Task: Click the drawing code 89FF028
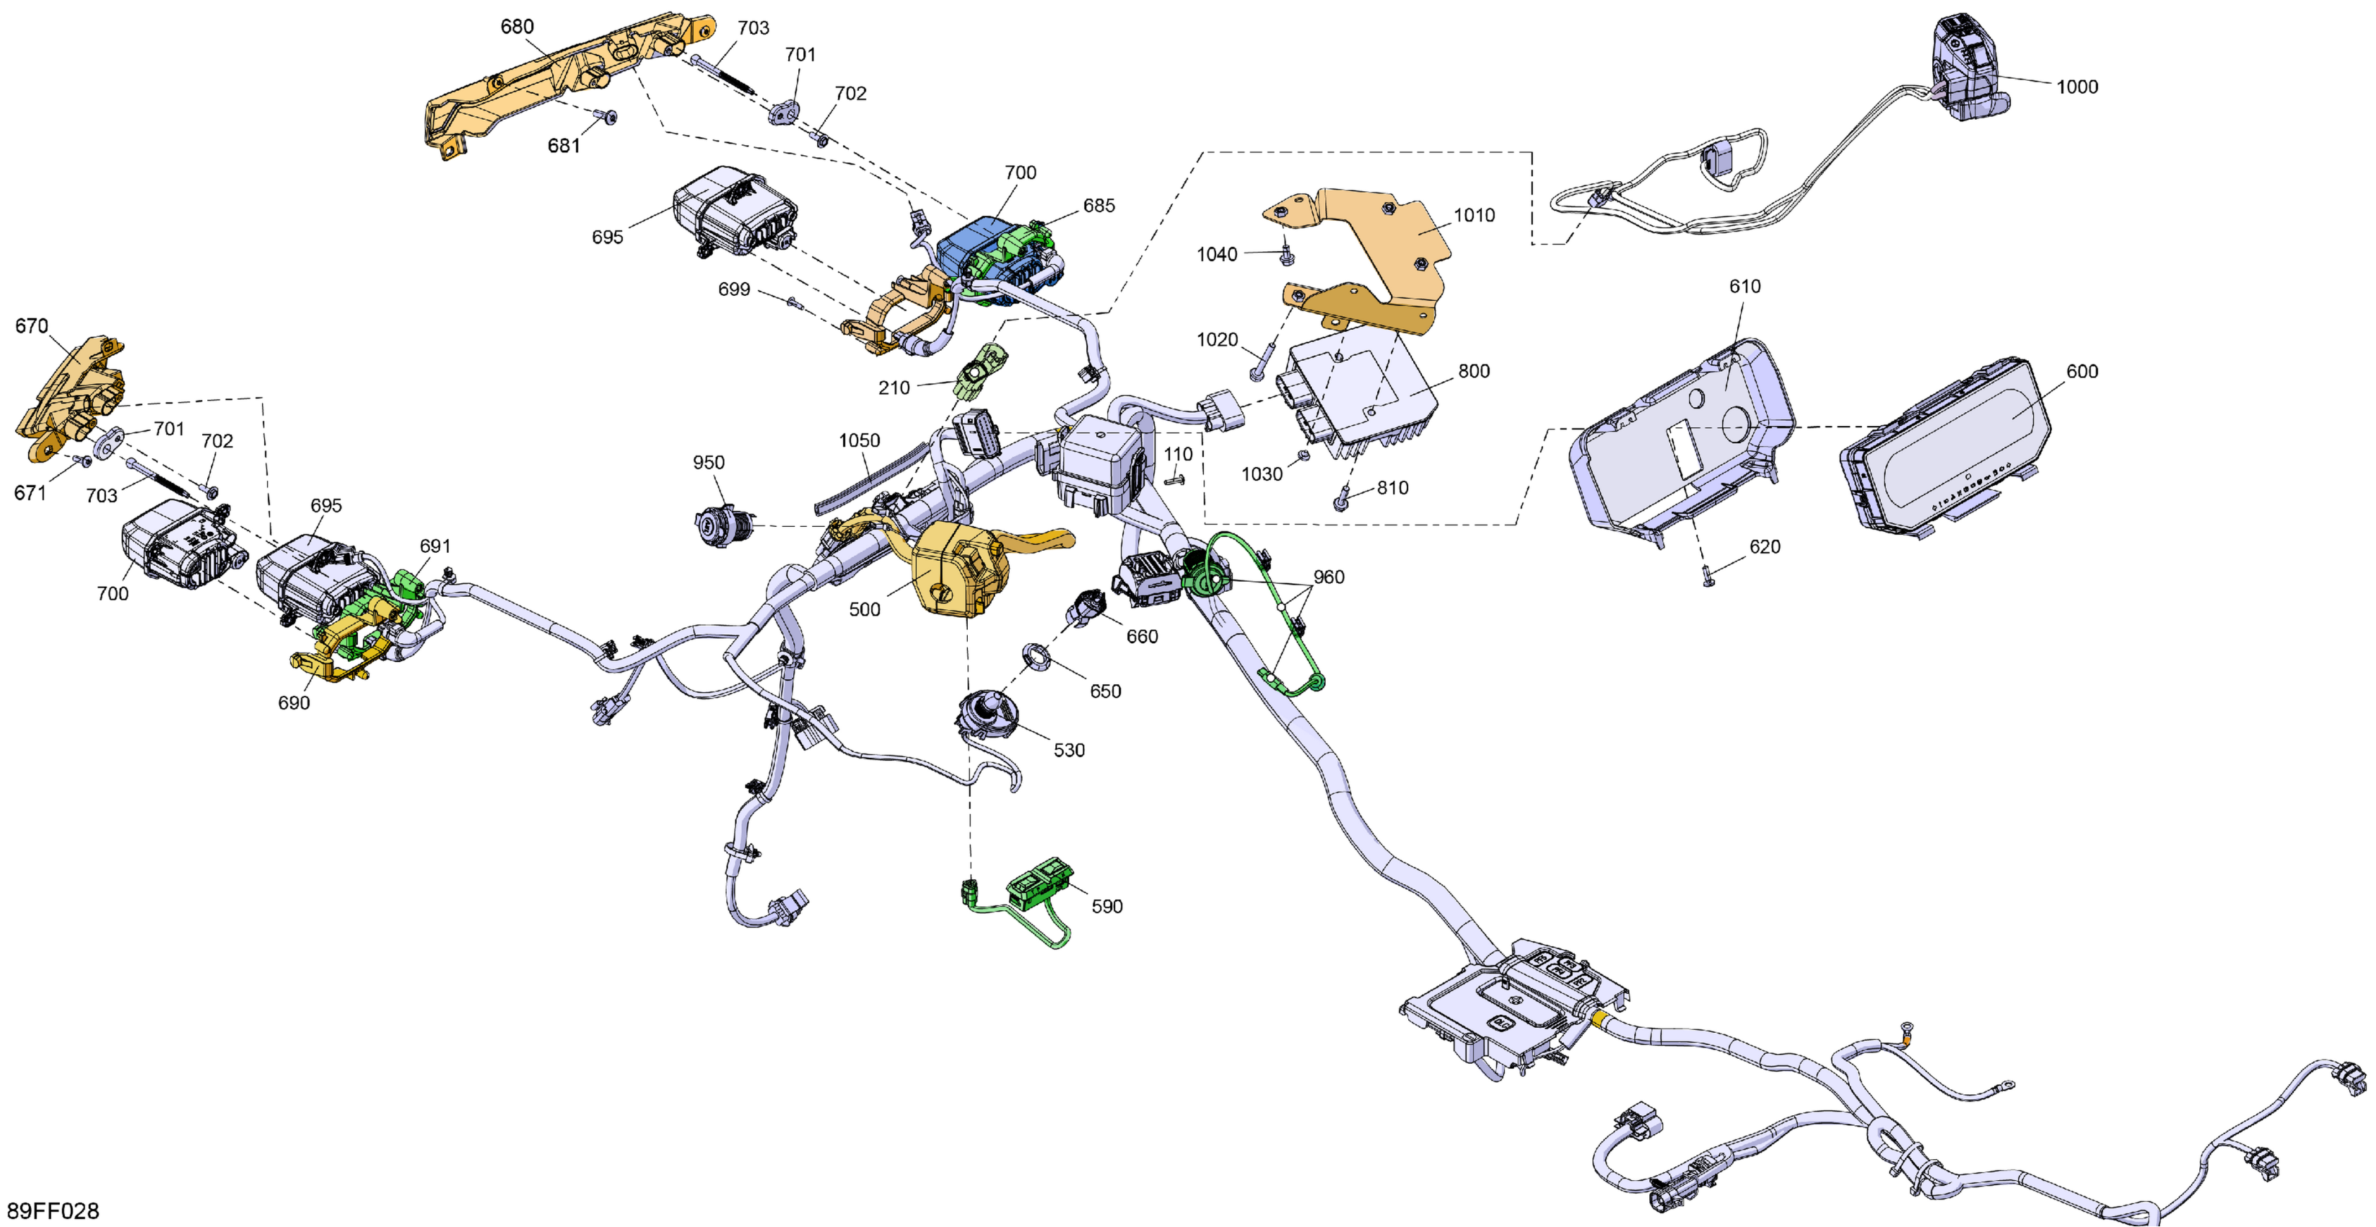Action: coord(53,1210)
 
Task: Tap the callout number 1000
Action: coord(2076,87)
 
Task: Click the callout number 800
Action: coord(1473,371)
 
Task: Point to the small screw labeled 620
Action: coord(1707,578)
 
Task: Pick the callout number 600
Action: coord(2082,371)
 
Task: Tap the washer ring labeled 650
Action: coord(1036,658)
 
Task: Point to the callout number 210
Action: coord(893,388)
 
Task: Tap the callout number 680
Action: coord(517,27)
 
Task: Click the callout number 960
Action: coord(1328,577)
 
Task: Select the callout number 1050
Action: coord(859,441)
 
